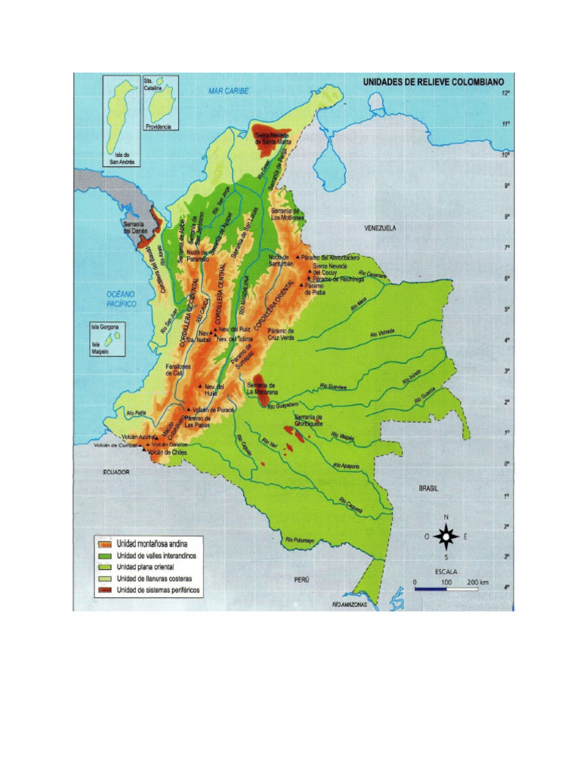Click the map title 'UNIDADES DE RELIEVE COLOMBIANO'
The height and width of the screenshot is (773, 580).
[x=438, y=81]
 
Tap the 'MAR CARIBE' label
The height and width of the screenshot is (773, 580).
[x=228, y=91]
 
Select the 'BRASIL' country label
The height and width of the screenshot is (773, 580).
[x=429, y=488]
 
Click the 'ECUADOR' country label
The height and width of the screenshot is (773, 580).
[x=117, y=472]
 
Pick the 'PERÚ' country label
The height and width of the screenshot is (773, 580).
[x=302, y=579]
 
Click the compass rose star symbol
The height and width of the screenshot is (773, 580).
[x=446, y=537]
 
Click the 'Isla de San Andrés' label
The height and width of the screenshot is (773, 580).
[x=118, y=158]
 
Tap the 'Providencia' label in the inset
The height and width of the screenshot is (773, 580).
[x=159, y=126]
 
